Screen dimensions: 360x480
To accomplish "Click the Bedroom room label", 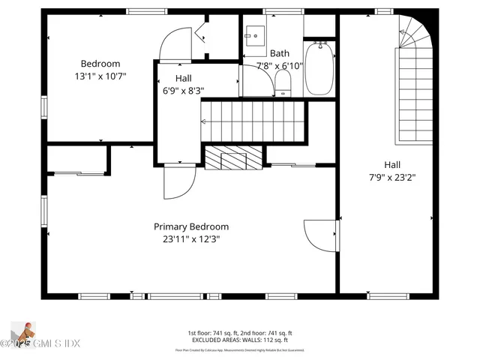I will coord(100,64).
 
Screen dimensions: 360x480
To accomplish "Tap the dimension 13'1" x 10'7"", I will coord(100,76).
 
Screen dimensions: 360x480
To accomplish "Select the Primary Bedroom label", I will coord(191,226).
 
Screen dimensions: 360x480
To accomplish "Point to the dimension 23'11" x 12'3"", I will coord(191,240).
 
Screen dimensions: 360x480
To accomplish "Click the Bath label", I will coord(280,53).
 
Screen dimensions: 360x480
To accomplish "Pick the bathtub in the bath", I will coord(320,68).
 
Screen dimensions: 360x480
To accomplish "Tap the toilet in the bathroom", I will coord(283,85).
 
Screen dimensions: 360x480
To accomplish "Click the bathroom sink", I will coord(255,36).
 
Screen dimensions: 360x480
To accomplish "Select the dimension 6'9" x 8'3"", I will coord(183,91).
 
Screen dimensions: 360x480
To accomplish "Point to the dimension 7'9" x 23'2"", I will coord(392,178).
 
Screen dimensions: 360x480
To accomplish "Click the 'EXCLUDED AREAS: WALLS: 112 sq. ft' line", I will coord(240,340).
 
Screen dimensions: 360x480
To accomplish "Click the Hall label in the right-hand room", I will coord(392,165).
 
